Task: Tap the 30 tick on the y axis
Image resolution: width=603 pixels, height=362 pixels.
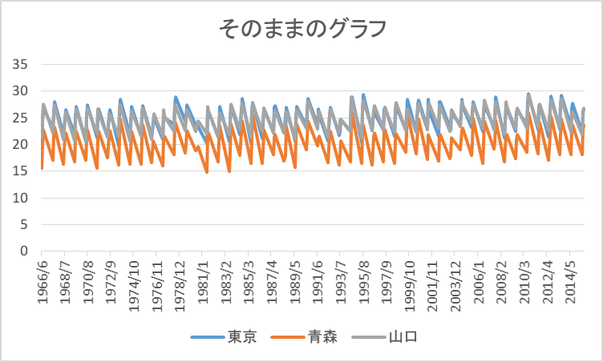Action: click(x=22, y=91)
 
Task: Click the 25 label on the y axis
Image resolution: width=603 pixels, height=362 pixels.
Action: click(x=22, y=118)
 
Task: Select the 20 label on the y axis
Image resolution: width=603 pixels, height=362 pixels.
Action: click(x=22, y=144)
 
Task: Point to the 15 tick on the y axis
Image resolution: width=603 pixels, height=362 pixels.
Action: click(x=22, y=171)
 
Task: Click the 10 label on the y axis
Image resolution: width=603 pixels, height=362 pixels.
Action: click(x=22, y=198)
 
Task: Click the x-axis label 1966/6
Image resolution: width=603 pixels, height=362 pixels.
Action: click(x=42, y=276)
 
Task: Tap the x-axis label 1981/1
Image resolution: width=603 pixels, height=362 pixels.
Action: click(x=205, y=276)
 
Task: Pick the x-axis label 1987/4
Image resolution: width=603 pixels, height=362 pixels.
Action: click(x=273, y=276)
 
